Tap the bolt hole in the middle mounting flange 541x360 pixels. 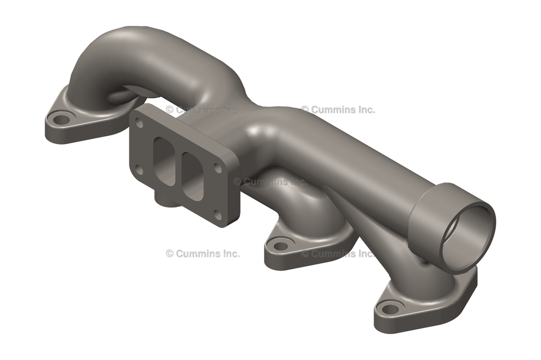(x=281, y=245)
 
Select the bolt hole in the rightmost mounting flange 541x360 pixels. (x=391, y=307)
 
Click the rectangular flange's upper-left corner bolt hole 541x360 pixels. (x=139, y=123)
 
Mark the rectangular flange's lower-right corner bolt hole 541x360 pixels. (x=218, y=214)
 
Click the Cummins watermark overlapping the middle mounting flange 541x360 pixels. (x=338, y=253)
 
